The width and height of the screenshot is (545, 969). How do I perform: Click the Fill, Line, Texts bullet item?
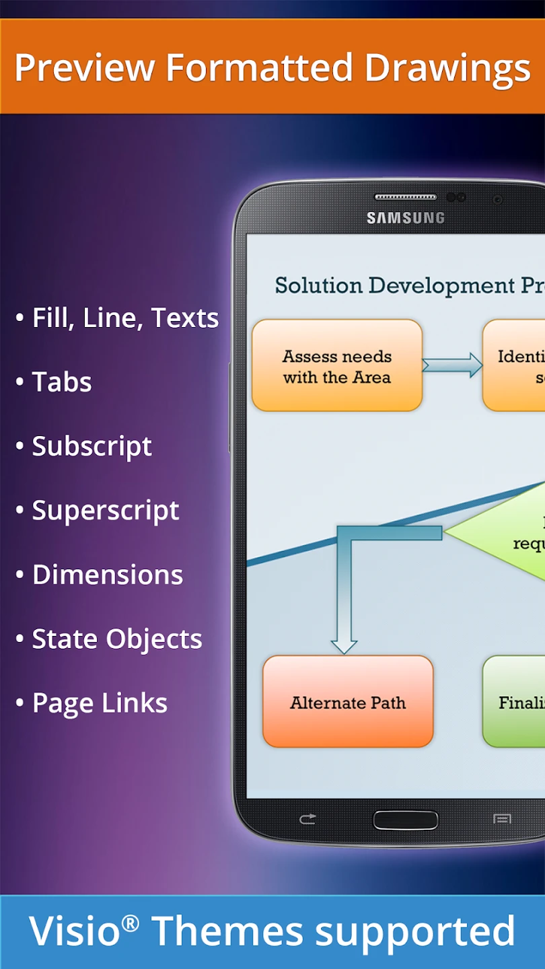coord(125,318)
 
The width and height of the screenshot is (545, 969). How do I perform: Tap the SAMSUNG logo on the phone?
coord(405,218)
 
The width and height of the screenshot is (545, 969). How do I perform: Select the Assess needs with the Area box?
coord(337,365)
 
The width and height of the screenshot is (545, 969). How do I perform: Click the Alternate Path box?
coord(348,702)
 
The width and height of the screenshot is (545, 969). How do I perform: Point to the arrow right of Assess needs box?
coord(452,365)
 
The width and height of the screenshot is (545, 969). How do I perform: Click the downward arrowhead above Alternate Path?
coord(344,645)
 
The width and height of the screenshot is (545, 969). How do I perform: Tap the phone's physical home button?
coord(405,820)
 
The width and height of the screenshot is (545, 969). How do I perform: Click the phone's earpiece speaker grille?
coord(405,197)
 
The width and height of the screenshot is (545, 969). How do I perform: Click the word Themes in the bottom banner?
coord(227,932)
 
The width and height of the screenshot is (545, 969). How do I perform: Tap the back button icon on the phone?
coord(307,820)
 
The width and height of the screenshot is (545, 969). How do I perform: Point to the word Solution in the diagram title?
coord(320,285)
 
